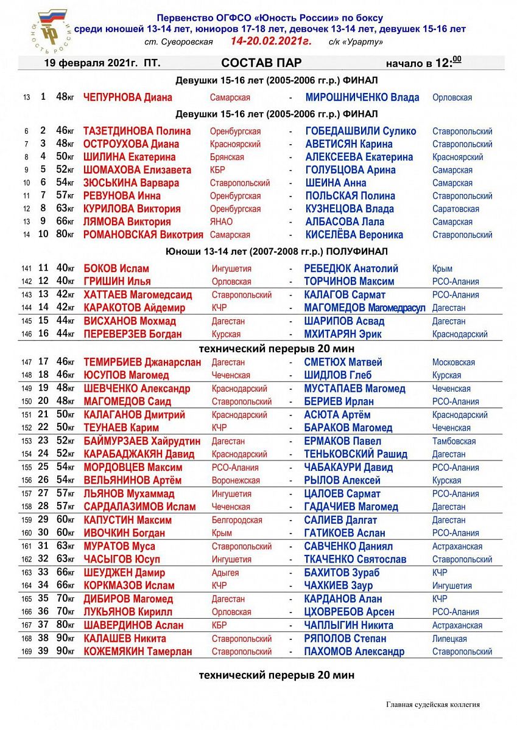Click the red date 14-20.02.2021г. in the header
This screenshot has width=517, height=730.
(270, 41)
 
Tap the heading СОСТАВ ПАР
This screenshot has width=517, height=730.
(261, 63)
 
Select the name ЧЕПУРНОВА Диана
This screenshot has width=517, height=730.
(127, 97)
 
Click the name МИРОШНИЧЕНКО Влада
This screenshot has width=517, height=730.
(362, 97)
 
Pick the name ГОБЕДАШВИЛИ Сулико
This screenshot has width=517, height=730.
(360, 131)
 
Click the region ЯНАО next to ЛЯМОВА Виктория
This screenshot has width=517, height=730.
(221, 222)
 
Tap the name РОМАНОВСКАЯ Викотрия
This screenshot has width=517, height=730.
(143, 235)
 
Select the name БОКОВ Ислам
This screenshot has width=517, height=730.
(116, 269)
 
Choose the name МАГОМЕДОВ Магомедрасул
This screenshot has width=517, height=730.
(365, 308)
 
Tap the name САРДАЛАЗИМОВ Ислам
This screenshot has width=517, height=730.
(139, 507)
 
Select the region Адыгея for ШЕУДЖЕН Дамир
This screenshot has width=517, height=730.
(225, 572)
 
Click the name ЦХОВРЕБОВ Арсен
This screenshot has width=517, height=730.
(350, 612)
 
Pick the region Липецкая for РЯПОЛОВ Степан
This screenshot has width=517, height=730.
(449, 639)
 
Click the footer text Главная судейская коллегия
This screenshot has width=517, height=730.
(432, 704)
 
